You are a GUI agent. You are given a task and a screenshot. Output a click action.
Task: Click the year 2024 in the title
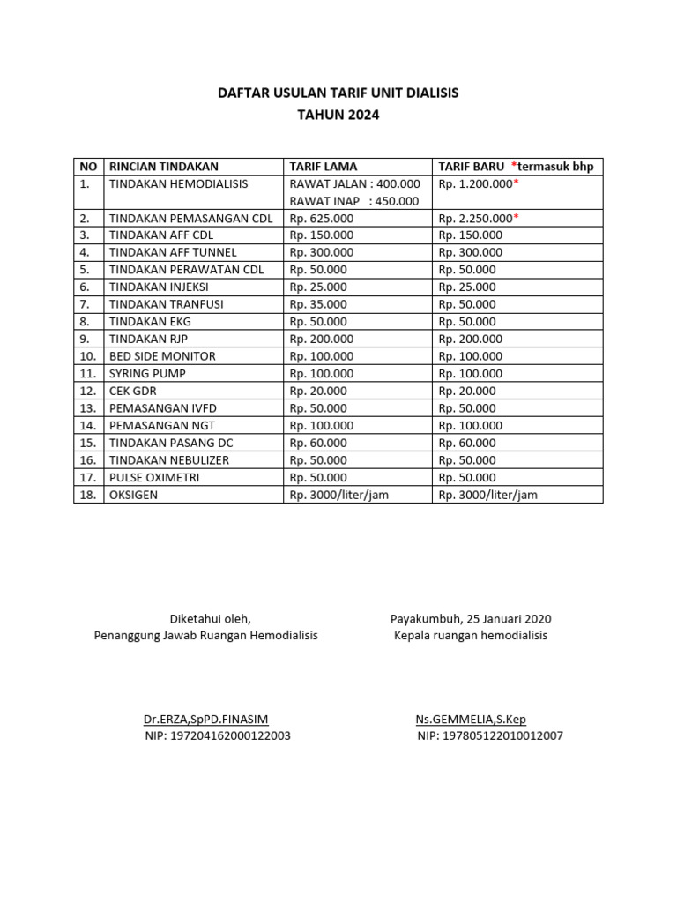[x=364, y=115]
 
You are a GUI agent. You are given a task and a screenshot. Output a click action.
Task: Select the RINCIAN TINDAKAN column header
[x=163, y=167]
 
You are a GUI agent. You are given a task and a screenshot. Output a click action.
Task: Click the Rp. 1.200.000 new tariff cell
[x=476, y=183]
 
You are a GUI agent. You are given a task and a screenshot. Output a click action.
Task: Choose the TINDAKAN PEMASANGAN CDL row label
[x=190, y=218]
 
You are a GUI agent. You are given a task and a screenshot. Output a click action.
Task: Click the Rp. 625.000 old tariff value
[x=322, y=218]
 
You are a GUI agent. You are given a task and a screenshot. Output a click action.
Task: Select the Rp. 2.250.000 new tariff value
[x=476, y=218]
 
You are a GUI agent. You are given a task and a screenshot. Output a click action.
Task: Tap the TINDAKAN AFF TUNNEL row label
[x=173, y=252]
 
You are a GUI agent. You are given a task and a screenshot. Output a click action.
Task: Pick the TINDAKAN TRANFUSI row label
[x=166, y=304]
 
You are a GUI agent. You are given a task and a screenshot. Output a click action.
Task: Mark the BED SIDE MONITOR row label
[x=162, y=356]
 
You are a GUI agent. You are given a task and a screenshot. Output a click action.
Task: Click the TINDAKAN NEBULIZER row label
[x=168, y=460]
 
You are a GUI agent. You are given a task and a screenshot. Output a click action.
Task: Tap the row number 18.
[x=87, y=495]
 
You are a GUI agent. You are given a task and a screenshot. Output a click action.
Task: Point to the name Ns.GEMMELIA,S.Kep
[x=471, y=719]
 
